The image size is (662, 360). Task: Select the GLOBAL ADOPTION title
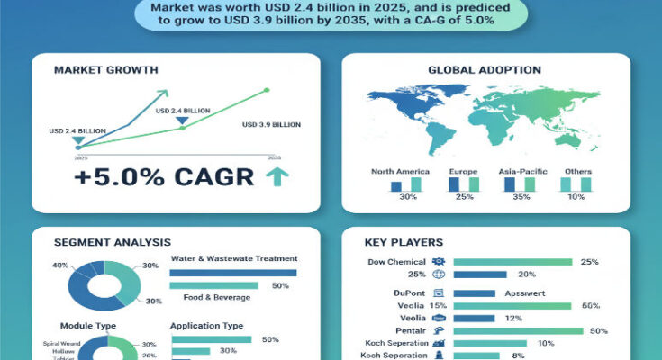484,69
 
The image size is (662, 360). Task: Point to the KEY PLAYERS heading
403,243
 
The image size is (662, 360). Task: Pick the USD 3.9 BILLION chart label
273,124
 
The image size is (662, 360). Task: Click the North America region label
400,171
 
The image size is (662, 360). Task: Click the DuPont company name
410,292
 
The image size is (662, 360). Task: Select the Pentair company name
410,330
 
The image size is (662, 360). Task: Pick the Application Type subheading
206,325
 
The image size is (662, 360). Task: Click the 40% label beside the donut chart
61,265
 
